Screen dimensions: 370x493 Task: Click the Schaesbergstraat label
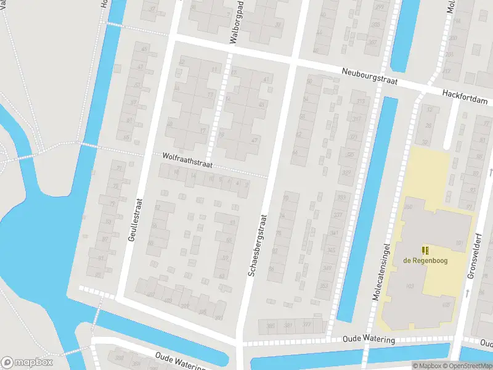click(259, 245)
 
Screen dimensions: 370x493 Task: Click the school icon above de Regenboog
click(424, 250)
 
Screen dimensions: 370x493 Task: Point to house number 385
click(271, 326)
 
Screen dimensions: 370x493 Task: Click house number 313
click(361, 102)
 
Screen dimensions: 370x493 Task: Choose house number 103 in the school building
click(410, 287)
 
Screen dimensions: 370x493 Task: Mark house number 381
click(289, 326)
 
